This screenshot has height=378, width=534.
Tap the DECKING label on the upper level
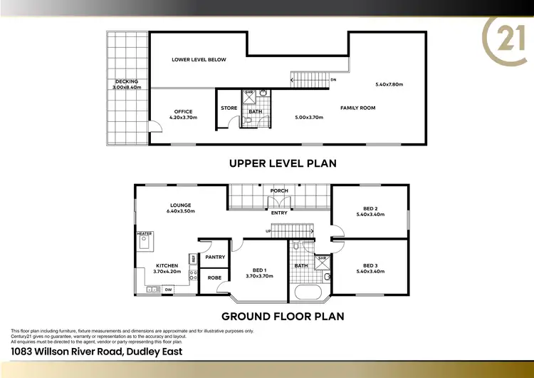tap(126, 81)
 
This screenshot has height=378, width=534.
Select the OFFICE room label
tap(183, 111)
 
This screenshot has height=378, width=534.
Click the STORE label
tap(229, 108)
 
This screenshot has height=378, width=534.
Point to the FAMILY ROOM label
tap(357, 108)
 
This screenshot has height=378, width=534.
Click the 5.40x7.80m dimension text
tap(389, 85)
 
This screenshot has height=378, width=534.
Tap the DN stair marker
tap(333, 80)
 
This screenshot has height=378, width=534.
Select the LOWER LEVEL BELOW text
tap(199, 60)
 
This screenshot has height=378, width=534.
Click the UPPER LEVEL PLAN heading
tap(283, 163)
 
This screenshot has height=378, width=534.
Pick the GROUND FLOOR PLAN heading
tap(283, 315)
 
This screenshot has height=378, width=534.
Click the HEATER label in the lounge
tap(145, 233)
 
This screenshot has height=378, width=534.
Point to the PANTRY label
tap(215, 257)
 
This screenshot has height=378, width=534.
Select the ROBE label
tap(214, 277)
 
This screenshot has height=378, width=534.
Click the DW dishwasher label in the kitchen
tap(168, 290)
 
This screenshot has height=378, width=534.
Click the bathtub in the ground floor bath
tap(309, 292)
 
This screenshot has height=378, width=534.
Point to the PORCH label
tap(279, 191)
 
